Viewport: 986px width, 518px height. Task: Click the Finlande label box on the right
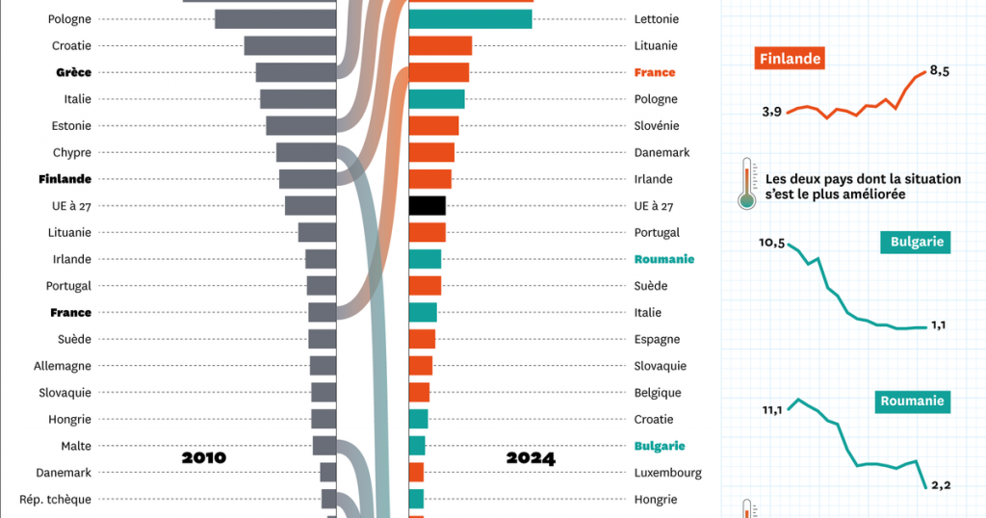click(x=791, y=59)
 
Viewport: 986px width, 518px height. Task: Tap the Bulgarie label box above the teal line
click(x=915, y=242)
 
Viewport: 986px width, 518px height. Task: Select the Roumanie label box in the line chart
click(x=913, y=401)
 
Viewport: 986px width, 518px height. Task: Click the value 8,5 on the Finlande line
click(x=941, y=70)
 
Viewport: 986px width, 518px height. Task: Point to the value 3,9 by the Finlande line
click(x=771, y=112)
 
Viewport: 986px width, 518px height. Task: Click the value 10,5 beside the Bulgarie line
click(x=772, y=242)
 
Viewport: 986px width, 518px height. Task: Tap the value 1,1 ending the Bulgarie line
click(x=939, y=325)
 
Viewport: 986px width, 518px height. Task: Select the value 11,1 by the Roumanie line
click(x=772, y=410)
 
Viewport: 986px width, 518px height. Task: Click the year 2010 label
click(x=204, y=457)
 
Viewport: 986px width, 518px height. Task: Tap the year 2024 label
click(x=531, y=458)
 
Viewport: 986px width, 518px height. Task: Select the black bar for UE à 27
click(x=428, y=205)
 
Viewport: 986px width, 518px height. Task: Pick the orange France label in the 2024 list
click(x=655, y=72)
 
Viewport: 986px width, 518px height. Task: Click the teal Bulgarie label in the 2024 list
click(x=660, y=446)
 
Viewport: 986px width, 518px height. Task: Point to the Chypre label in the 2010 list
click(x=72, y=152)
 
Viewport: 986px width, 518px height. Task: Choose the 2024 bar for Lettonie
click(x=471, y=19)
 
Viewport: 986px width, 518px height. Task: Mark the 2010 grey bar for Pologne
click(x=274, y=19)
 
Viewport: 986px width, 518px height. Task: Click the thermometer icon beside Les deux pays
click(x=745, y=183)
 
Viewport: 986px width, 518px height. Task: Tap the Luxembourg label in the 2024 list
click(x=668, y=473)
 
